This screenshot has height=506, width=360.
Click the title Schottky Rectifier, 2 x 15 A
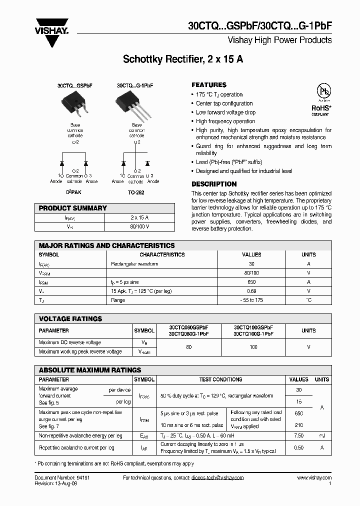point(183,59)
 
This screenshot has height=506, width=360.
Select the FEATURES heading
point(209,85)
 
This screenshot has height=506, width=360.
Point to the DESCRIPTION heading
point(214,184)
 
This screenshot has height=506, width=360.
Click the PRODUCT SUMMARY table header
point(73,208)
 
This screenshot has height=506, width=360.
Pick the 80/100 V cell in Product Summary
point(139,226)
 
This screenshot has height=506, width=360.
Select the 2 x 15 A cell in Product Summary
point(139,217)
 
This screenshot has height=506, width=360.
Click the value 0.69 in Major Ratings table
point(251,291)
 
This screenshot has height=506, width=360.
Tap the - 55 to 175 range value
point(251,300)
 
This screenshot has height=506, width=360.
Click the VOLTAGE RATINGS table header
point(70,318)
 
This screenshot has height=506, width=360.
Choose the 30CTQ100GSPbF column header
point(253,327)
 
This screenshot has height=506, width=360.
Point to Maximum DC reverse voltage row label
point(69,342)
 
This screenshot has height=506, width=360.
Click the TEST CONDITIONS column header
point(220,379)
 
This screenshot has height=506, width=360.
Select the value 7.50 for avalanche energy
point(299,435)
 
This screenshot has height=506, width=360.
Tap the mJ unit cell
point(322,435)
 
